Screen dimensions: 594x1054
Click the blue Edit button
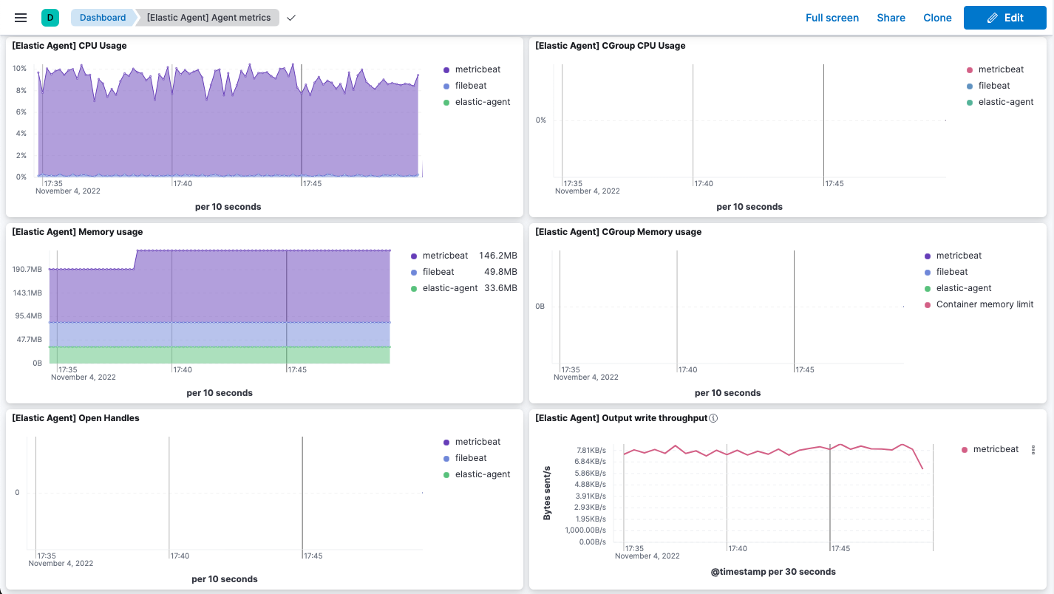tap(1004, 18)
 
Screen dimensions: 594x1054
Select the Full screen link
tap(832, 18)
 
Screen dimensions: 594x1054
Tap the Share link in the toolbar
tap(891, 18)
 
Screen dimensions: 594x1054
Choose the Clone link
tap(937, 18)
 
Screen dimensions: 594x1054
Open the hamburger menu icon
tap(21, 18)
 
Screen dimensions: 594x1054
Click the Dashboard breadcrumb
tap(102, 18)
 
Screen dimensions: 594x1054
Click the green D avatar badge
tap(50, 18)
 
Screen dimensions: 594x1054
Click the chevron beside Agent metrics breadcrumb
tap(291, 18)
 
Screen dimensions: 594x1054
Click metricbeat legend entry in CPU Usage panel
tap(477, 69)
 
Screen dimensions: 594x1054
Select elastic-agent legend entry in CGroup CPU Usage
tap(1005, 102)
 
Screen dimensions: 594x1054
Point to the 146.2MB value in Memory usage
tap(497, 256)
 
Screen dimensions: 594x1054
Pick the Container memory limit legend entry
tap(985, 304)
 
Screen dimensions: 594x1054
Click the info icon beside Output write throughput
tap(713, 418)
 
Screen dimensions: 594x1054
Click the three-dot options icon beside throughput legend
tap(1033, 449)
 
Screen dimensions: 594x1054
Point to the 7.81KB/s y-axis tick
tap(591, 450)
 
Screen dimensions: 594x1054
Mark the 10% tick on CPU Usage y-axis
tap(20, 69)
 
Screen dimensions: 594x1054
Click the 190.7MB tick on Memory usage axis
tap(27, 270)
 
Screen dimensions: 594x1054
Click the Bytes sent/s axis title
tap(547, 493)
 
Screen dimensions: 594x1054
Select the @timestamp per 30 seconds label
tap(773, 572)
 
